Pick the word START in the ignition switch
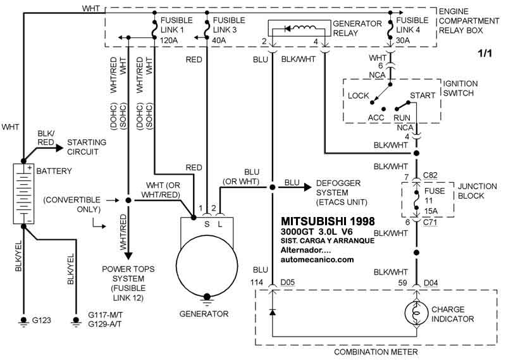point(423,95)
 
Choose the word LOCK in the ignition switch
point(359,95)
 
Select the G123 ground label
point(43,321)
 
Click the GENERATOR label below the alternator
point(204,313)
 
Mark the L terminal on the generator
point(219,223)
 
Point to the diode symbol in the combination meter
point(273,313)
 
